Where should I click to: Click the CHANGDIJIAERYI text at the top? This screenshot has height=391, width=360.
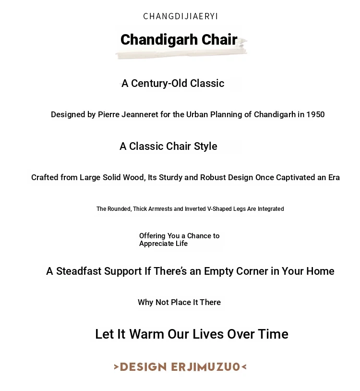click(x=180, y=16)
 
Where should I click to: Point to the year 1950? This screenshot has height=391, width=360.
click(x=315, y=115)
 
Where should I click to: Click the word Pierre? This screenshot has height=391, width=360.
click(x=109, y=115)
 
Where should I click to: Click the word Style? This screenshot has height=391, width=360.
click(x=205, y=147)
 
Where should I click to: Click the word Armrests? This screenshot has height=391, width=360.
click(x=160, y=209)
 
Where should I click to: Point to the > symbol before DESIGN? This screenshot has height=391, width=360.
click(x=116, y=367)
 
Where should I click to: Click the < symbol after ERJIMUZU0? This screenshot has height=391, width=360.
click(x=244, y=367)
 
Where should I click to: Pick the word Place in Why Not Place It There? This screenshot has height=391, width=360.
click(x=181, y=303)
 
